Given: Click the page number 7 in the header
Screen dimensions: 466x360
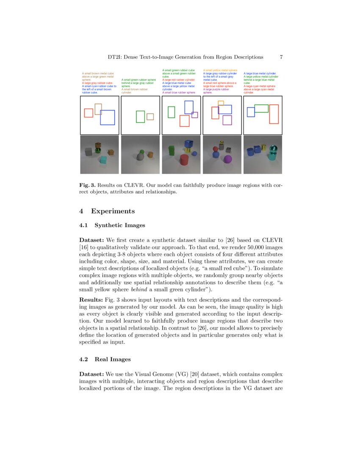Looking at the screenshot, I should pyautogui.click(x=281, y=57).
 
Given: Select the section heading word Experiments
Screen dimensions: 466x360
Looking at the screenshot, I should pyautogui.click(x=113, y=211).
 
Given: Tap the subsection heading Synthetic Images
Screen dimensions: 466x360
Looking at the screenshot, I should pyautogui.click(x=119, y=225).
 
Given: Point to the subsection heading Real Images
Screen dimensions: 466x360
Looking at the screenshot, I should pyautogui.click(x=113, y=359).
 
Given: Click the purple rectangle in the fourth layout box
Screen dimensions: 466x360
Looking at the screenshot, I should pyautogui.click(x=227, y=120).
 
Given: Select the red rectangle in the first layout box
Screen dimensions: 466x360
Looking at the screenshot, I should pyautogui.click(x=89, y=113).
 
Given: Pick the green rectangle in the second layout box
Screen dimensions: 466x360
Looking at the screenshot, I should pyautogui.click(x=140, y=116).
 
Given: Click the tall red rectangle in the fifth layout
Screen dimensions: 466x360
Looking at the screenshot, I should pyautogui.click(x=274, y=114).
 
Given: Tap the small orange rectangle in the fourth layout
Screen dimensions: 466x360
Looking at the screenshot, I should pyautogui.click(x=221, y=103).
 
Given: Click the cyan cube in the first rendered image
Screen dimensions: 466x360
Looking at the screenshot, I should pyautogui.click(x=103, y=160).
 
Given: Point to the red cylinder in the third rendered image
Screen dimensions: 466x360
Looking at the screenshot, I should pyautogui.click(x=184, y=160).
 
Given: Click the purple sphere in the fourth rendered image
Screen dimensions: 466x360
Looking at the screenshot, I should pyautogui.click(x=228, y=159).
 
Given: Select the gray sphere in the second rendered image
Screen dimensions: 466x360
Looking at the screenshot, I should pyautogui.click(x=140, y=157).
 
